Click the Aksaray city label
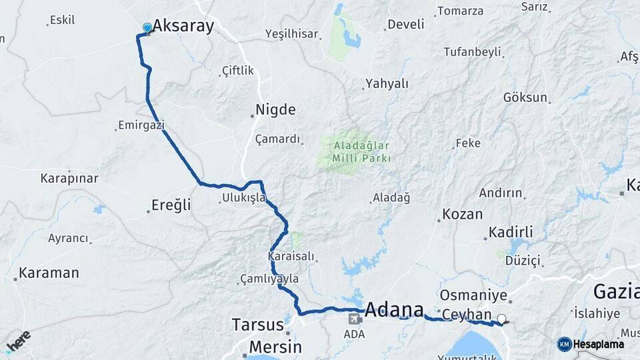tap(183, 26)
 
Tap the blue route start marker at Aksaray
tap(147, 28)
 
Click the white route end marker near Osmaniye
tap(501, 319)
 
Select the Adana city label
tap(395, 310)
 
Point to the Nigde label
tap(275, 110)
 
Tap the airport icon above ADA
tap(353, 319)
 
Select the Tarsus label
tap(257, 325)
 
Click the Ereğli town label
tap(172, 205)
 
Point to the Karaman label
tap(49, 273)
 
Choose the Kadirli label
tap(511, 232)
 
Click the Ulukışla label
tap(243, 198)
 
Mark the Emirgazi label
tap(141, 125)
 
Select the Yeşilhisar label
tap(291, 33)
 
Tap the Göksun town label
tap(525, 97)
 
